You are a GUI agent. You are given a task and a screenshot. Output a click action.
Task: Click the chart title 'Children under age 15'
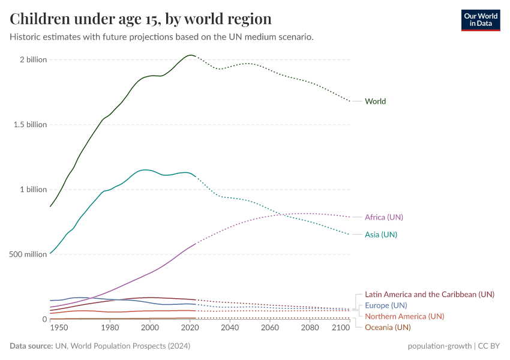click(x=140, y=19)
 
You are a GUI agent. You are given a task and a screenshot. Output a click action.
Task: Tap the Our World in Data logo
click(x=480, y=20)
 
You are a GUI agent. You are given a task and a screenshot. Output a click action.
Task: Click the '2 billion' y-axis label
click(x=33, y=60)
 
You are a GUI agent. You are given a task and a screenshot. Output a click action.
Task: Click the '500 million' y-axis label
click(x=28, y=254)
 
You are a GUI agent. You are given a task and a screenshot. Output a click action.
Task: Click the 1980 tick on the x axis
click(x=109, y=328)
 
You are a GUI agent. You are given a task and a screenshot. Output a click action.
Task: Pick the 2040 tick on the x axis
click(x=230, y=328)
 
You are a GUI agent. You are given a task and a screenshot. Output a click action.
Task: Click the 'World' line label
click(x=375, y=101)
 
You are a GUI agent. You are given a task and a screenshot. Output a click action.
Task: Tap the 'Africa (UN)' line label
click(x=384, y=217)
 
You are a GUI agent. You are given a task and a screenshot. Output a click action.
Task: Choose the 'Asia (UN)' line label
click(x=381, y=235)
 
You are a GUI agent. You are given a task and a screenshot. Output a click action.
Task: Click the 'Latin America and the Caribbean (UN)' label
click(x=430, y=295)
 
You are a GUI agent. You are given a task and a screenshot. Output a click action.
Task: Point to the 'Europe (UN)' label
click(x=386, y=305)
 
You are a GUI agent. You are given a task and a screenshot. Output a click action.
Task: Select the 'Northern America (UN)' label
click(x=404, y=316)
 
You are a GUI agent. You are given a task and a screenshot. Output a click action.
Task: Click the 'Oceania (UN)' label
click(x=388, y=327)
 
